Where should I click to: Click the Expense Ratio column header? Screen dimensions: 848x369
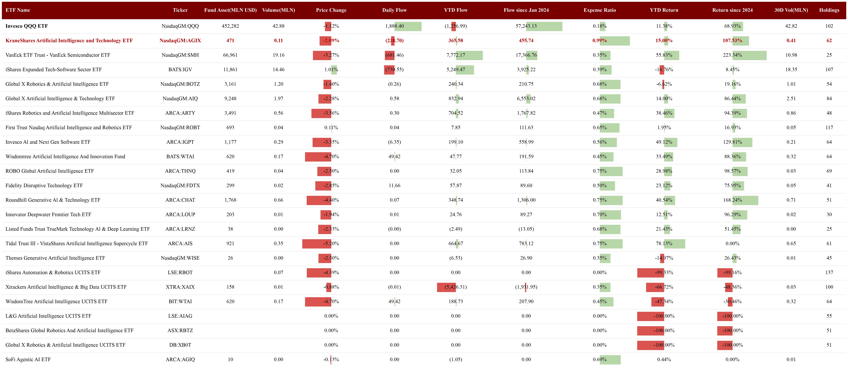point(599,10)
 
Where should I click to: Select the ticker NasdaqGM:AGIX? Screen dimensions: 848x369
point(180,41)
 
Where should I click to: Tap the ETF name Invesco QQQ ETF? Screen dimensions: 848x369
point(27,26)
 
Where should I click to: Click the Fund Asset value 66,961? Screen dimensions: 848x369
point(230,55)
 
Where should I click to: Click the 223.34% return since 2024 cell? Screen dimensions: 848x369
point(732,55)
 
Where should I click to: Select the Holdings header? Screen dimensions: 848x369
point(829,10)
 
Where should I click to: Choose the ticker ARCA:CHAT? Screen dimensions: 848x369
point(180,200)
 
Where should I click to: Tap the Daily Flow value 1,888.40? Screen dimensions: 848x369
point(394,26)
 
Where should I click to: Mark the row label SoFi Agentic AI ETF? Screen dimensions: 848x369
point(28,359)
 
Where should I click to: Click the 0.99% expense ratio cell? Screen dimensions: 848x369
point(599,41)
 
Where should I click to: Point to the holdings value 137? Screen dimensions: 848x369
point(829,273)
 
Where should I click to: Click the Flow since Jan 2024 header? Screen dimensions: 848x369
point(526,10)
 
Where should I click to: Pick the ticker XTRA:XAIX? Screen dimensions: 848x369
point(180,287)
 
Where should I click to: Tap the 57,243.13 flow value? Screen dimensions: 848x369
point(526,26)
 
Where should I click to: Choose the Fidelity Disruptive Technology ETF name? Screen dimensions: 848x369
point(44,186)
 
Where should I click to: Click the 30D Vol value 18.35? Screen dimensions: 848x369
point(791,69)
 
